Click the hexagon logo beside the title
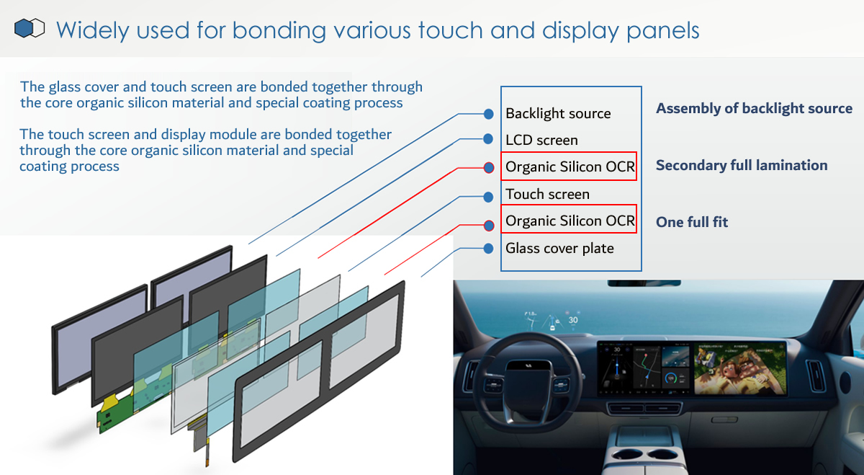pyautogui.click(x=30, y=28)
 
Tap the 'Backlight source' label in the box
pyautogui.click(x=558, y=114)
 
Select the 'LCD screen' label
pyautogui.click(x=541, y=140)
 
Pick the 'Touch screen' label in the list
pyautogui.click(x=547, y=194)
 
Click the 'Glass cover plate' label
pyautogui.click(x=559, y=248)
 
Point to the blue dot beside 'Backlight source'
pyautogui.click(x=489, y=114)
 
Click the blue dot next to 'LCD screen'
pyautogui.click(x=488, y=138)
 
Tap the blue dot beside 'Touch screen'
pyautogui.click(x=488, y=197)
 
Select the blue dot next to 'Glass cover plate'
pyautogui.click(x=488, y=249)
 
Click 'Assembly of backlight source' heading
pyautogui.click(x=754, y=109)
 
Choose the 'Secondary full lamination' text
pyautogui.click(x=742, y=165)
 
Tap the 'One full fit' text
pyautogui.click(x=692, y=222)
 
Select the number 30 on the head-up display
pyautogui.click(x=573, y=320)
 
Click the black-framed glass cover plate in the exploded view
pyautogui.click(x=318, y=370)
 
